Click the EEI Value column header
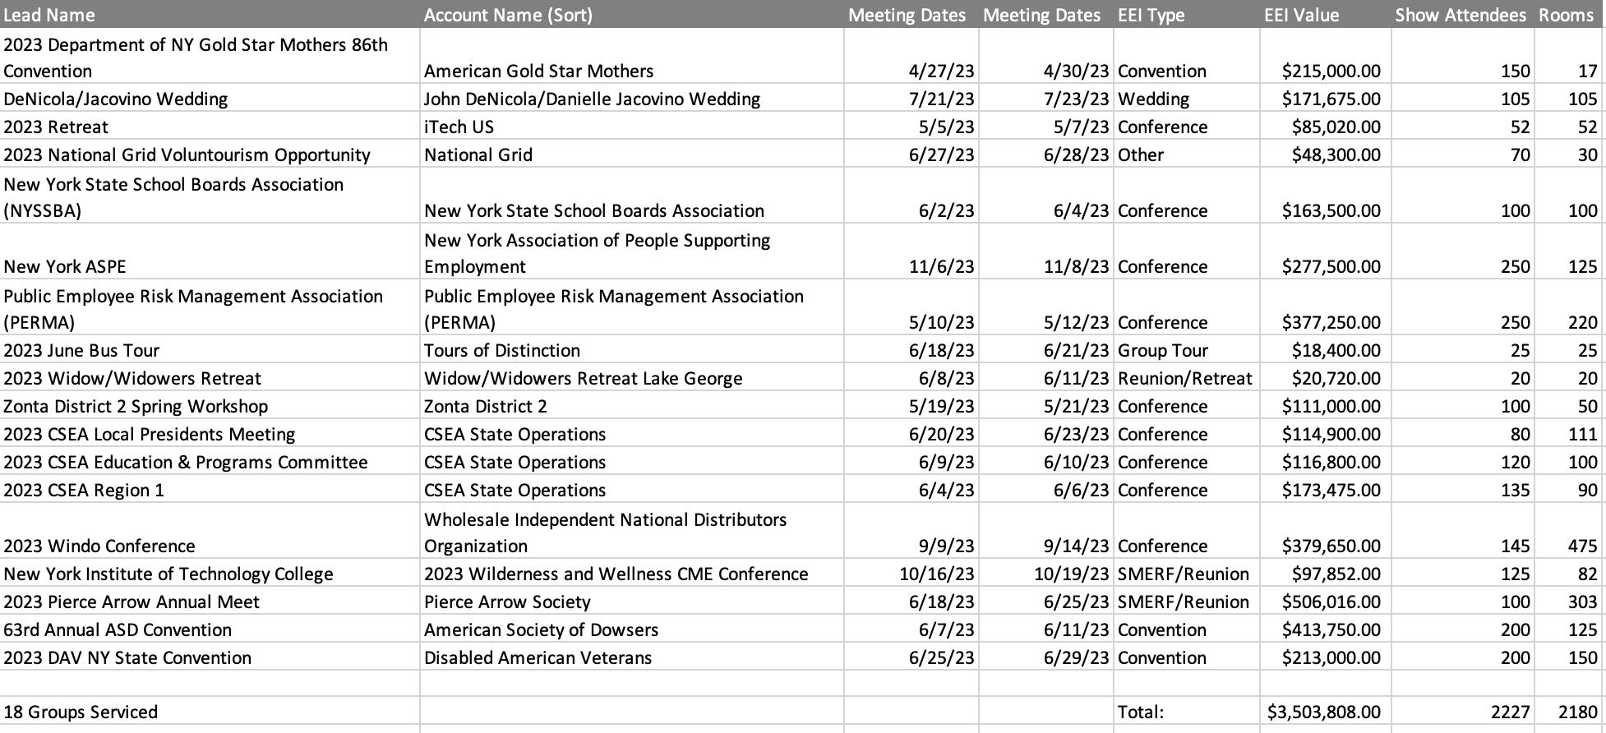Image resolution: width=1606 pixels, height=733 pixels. (1301, 15)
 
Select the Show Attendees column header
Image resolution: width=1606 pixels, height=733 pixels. (1460, 15)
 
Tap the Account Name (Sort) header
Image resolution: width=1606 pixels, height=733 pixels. (508, 15)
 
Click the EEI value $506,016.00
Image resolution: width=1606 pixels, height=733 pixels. (1331, 602)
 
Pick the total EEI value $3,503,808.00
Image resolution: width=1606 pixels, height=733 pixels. (1323, 712)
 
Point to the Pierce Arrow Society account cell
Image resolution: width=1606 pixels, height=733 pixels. (507, 602)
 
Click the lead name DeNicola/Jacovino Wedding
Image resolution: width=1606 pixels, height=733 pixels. (116, 99)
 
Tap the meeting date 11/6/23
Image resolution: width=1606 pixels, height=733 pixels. (941, 266)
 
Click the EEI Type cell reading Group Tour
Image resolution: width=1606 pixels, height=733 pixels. (1162, 350)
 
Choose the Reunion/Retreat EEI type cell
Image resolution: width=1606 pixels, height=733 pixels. (1184, 378)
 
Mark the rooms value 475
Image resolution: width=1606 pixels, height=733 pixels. (1582, 546)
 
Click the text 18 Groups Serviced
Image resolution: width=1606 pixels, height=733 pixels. (81, 712)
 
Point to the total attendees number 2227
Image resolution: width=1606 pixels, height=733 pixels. (1510, 712)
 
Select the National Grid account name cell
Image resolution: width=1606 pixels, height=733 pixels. (478, 154)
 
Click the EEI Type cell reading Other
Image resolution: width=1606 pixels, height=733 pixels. (1141, 154)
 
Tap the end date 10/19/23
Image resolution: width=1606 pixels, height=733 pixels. (1071, 574)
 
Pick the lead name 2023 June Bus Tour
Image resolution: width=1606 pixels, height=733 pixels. (81, 350)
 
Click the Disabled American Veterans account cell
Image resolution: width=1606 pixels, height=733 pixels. (538, 657)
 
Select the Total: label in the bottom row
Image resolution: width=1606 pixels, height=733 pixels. (1141, 712)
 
